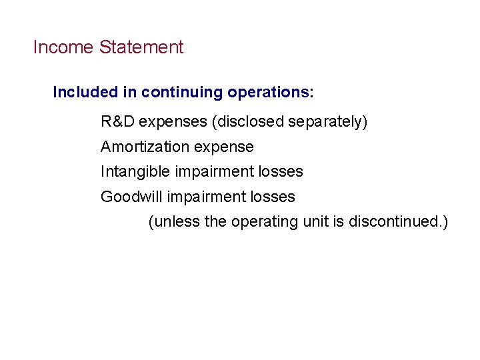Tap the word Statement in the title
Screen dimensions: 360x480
tap(141, 47)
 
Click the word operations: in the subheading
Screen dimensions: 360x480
tap(270, 92)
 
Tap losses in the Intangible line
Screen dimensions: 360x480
tap(280, 172)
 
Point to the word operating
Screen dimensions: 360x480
tap(263, 221)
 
